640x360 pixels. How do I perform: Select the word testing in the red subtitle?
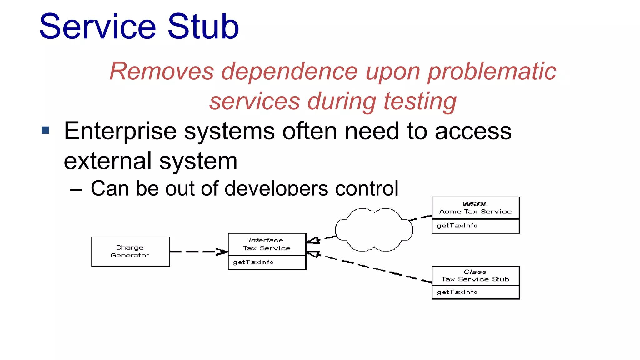420,102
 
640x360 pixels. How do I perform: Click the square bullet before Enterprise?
46,130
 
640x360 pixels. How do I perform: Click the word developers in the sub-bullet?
276,188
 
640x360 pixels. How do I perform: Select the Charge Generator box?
130,252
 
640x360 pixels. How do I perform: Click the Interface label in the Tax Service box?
266,240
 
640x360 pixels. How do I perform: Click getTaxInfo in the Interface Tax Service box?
253,262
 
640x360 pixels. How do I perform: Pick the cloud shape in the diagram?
374,230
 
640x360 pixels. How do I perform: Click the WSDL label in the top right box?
475,204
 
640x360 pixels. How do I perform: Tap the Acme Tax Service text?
475,212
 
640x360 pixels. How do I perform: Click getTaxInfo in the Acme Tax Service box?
457,226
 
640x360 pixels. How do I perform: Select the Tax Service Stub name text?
475,279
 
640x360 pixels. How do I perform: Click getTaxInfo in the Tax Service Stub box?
457,292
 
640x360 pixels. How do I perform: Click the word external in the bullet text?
107,161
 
